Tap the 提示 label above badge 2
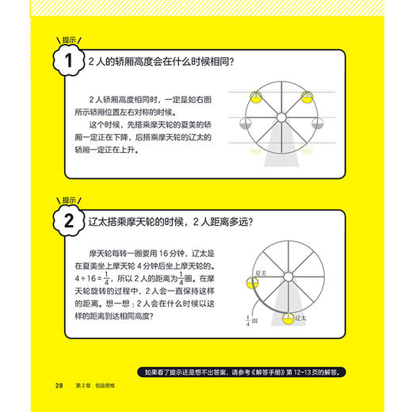coord(71,200)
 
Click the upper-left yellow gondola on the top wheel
coord(256,97)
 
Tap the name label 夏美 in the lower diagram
coord(257,273)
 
